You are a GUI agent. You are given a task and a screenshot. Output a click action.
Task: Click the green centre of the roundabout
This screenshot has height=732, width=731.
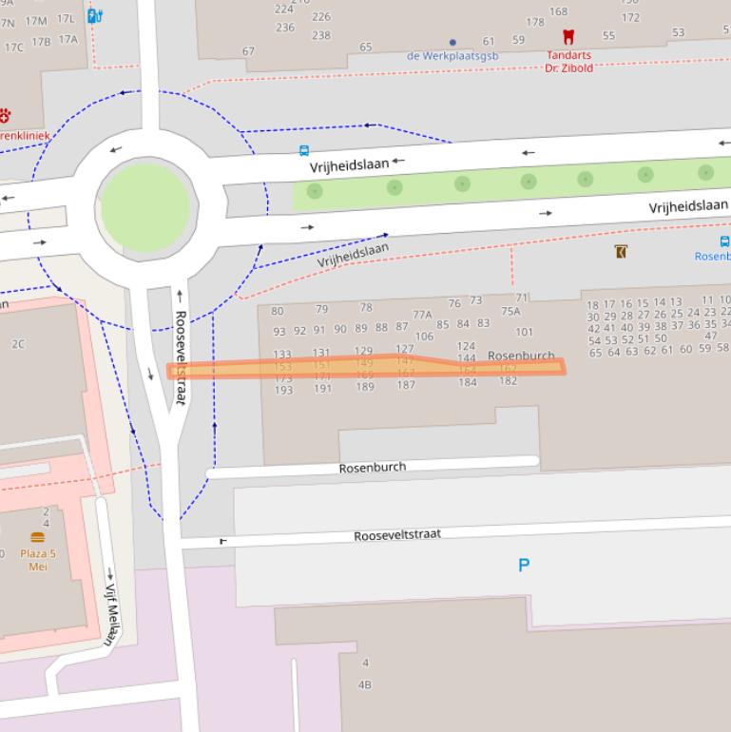pyautogui.click(x=145, y=207)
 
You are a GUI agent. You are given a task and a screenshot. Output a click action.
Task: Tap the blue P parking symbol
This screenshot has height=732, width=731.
pyautogui.click(x=523, y=566)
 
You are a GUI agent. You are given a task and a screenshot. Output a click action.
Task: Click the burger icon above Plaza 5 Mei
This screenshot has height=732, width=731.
pyautogui.click(x=38, y=537)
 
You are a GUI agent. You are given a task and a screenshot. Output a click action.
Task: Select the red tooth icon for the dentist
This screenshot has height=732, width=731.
pyautogui.click(x=568, y=38)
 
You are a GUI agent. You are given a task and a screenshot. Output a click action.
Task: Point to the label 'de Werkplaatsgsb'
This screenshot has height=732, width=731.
pyautogui.click(x=452, y=56)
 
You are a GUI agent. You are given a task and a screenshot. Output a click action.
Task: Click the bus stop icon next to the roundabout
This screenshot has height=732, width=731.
pyautogui.click(x=304, y=150)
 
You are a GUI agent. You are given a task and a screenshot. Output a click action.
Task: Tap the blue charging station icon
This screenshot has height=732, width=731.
pyautogui.click(x=94, y=15)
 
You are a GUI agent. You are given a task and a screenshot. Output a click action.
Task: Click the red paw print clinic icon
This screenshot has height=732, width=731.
pyautogui.click(x=4, y=116)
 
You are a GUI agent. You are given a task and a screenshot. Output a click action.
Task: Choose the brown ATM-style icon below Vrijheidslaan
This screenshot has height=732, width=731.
pyautogui.click(x=621, y=252)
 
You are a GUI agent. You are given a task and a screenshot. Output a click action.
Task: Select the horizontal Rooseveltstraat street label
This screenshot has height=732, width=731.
pyautogui.click(x=397, y=535)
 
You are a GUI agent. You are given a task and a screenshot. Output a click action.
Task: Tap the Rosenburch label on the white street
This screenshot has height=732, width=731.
pyautogui.click(x=373, y=468)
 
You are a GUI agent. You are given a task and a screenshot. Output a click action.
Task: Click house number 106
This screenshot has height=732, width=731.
pyautogui.click(x=424, y=337)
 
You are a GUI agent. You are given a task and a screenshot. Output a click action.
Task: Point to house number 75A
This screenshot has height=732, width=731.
pyautogui.click(x=510, y=311)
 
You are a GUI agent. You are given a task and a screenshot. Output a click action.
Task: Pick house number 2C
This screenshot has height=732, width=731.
pyautogui.click(x=18, y=344)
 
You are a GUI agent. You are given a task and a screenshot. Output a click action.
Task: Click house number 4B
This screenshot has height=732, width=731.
pyautogui.click(x=365, y=684)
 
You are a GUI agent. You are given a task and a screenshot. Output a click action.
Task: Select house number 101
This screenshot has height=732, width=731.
pyautogui.click(x=524, y=333)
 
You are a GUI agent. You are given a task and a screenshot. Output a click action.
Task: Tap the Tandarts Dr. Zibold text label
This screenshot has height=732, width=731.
pyautogui.click(x=568, y=62)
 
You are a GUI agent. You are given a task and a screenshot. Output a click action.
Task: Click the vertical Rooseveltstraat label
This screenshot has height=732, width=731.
pyautogui.click(x=180, y=357)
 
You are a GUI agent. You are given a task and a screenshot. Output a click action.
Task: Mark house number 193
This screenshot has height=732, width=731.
pyautogui.click(x=283, y=390)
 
